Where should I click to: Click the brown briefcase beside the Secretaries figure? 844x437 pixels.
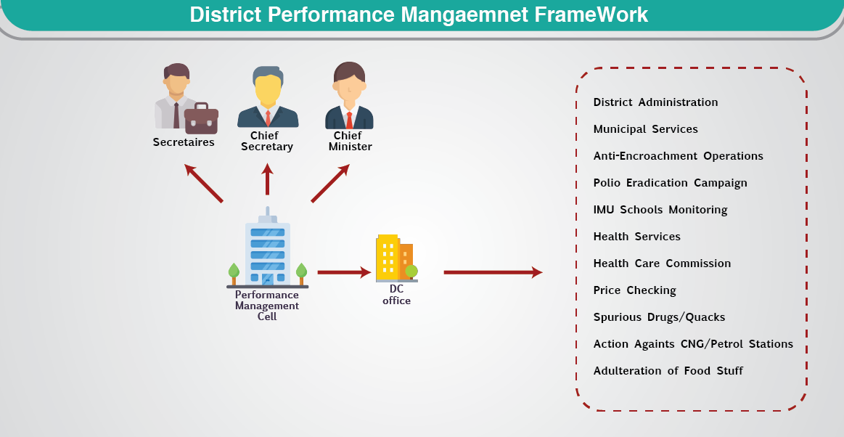click(x=201, y=118)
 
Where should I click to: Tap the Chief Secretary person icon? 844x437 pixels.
click(x=268, y=98)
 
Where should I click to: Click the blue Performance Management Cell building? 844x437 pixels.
click(x=268, y=251)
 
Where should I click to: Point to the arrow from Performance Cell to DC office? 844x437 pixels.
click(x=344, y=273)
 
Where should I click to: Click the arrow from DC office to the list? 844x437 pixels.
click(x=493, y=273)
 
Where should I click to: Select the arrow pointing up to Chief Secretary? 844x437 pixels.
click(x=268, y=179)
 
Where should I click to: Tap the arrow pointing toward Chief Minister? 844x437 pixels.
click(x=330, y=183)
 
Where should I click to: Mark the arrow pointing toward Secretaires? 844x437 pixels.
click(x=203, y=183)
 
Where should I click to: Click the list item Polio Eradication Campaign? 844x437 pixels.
click(x=670, y=183)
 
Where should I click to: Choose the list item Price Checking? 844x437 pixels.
click(x=634, y=290)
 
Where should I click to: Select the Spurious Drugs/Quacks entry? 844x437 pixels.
click(x=659, y=317)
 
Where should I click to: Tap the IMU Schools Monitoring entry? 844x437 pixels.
click(x=660, y=210)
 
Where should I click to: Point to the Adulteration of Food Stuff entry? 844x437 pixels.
click(x=668, y=371)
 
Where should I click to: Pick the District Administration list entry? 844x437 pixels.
click(x=655, y=102)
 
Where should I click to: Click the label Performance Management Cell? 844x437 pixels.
click(x=267, y=306)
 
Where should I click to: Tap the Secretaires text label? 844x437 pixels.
click(x=184, y=142)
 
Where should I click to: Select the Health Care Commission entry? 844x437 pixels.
click(x=662, y=264)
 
